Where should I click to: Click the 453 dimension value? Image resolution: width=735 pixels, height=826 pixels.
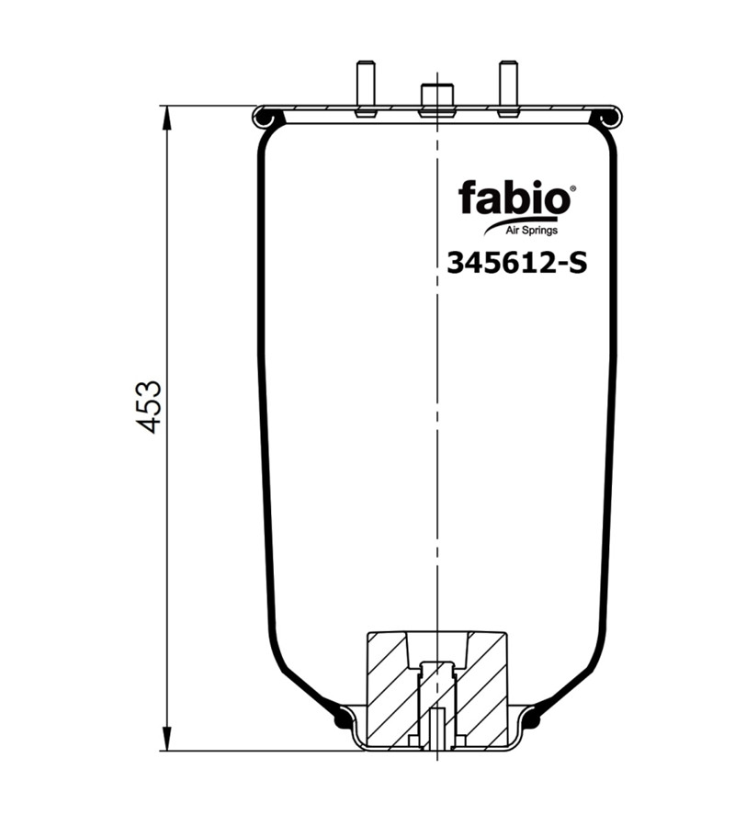[x=149, y=405]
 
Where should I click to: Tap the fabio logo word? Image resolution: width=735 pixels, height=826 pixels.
[x=514, y=198]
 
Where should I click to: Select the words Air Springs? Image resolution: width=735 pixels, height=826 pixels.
[x=532, y=231]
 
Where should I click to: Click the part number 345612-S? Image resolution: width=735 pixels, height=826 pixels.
[x=517, y=263]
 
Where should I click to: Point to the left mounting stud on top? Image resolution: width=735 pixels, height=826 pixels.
[x=365, y=88]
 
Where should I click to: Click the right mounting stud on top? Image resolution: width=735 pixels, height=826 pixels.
[x=507, y=88]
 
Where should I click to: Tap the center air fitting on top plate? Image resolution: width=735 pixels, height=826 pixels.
[x=436, y=99]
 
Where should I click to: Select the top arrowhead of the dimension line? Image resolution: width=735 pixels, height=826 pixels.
[x=166, y=118]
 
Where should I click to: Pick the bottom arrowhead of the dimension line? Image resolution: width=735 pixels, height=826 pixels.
[x=166, y=738]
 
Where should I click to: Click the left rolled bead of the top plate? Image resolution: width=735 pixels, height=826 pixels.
[x=264, y=118]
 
